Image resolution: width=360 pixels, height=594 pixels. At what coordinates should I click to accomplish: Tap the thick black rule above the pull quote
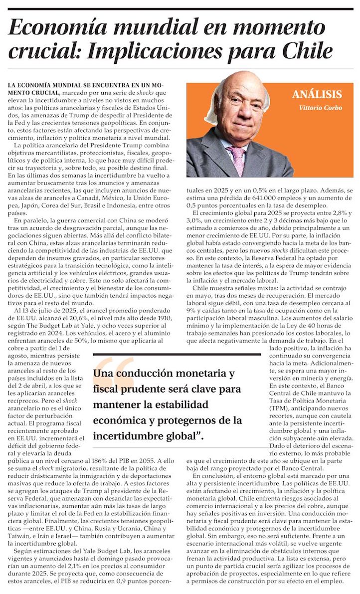pos(177,355)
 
